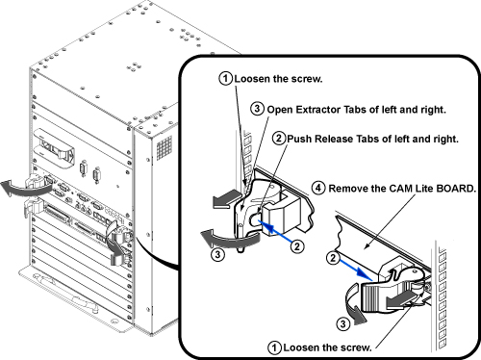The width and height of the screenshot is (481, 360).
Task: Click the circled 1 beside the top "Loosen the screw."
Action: (x=226, y=78)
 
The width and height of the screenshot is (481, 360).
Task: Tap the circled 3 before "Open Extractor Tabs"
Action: (x=257, y=109)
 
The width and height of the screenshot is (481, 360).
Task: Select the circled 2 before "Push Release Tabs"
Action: (x=279, y=138)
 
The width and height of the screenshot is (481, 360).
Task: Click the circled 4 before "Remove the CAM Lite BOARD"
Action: (x=318, y=188)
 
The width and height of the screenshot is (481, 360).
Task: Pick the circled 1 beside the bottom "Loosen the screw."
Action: (x=274, y=347)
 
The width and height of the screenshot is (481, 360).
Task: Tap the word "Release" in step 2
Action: (x=334, y=139)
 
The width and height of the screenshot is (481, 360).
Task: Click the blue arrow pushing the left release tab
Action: (x=274, y=230)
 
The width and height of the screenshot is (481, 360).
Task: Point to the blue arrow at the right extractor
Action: (x=356, y=268)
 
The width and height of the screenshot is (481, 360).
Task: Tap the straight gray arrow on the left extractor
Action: (x=226, y=199)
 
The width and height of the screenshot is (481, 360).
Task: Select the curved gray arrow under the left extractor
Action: (x=228, y=239)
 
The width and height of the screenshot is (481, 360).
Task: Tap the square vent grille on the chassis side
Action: (x=165, y=147)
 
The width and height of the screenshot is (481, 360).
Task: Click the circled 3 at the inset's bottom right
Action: (x=342, y=323)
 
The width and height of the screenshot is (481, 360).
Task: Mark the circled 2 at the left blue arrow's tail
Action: (x=297, y=246)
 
